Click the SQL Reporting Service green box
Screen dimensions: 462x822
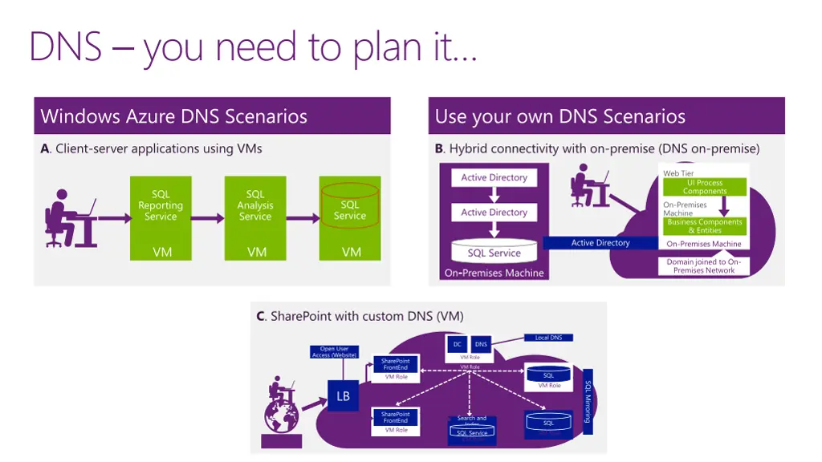(161, 217)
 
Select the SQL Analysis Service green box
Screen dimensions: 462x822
(255, 217)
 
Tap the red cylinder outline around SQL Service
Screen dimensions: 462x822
(349, 205)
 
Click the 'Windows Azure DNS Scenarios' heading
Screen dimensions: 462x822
(174, 116)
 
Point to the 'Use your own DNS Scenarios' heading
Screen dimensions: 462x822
(560, 116)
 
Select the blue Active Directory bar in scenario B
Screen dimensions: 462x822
(600, 243)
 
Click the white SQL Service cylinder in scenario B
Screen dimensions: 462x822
(494, 253)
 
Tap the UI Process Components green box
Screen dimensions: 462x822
(704, 187)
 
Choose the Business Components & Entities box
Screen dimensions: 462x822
(704, 226)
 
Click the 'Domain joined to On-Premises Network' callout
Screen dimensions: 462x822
(704, 266)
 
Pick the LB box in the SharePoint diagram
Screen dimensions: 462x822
(343, 396)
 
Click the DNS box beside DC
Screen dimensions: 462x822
(481, 345)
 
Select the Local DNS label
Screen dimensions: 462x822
(548, 338)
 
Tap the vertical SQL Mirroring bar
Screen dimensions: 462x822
(588, 401)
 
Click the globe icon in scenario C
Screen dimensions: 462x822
(281, 418)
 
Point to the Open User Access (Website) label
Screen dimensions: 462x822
(334, 351)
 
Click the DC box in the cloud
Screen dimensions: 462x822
(456, 345)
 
